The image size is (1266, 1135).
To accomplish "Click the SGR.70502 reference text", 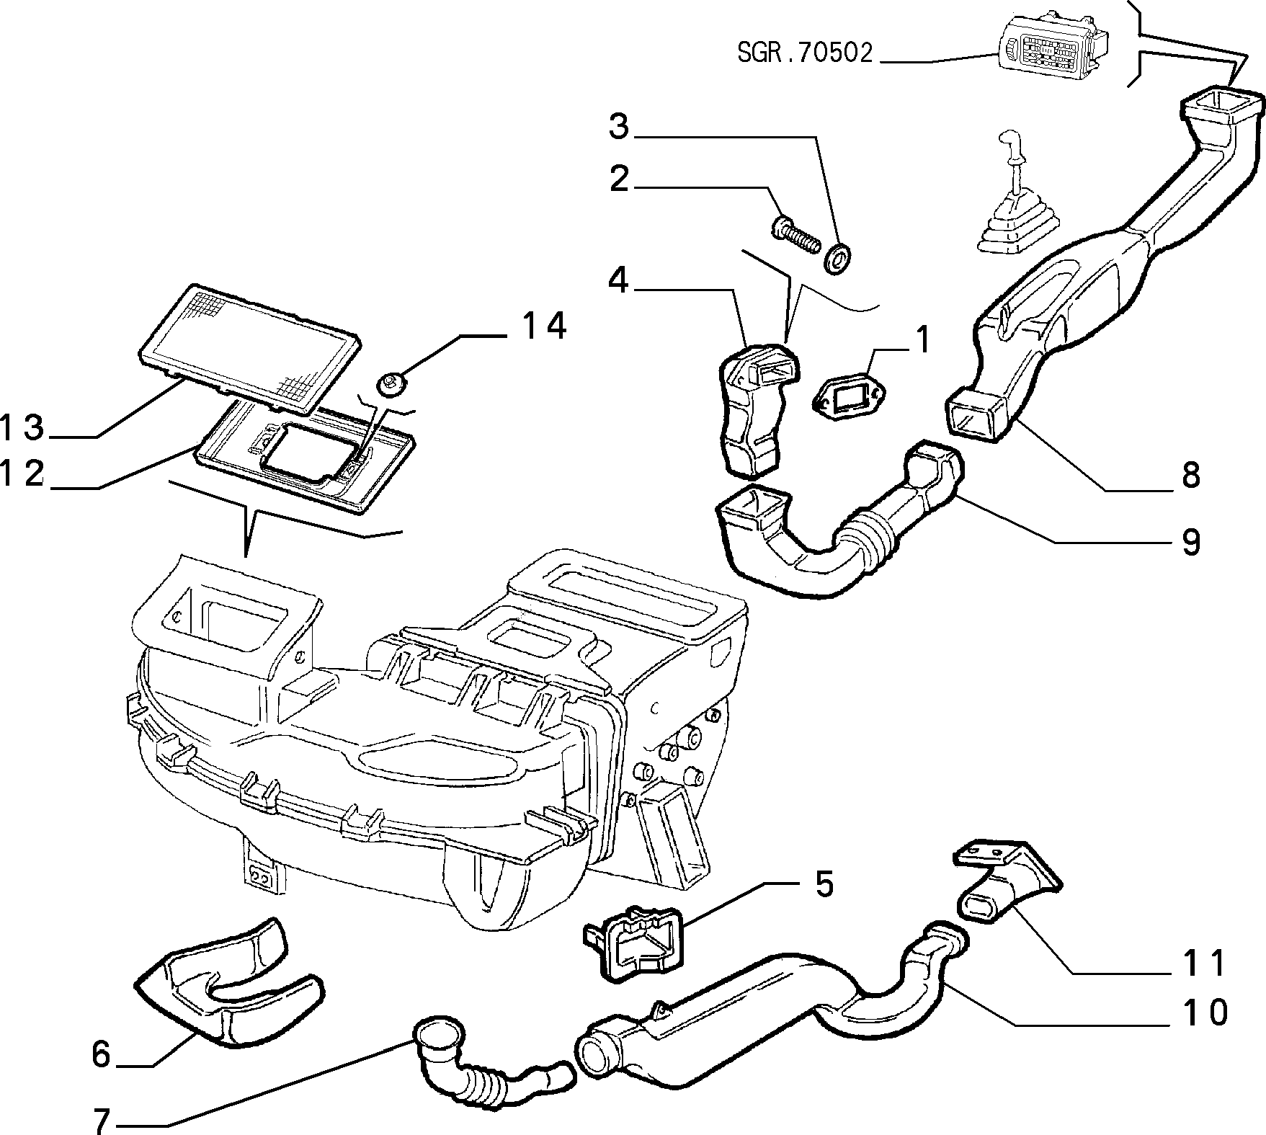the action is click(804, 53).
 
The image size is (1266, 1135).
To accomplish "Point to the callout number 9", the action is click(1190, 541).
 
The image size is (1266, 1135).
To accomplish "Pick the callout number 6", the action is click(101, 1055).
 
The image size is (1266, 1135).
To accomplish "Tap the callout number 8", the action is click(1190, 475).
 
